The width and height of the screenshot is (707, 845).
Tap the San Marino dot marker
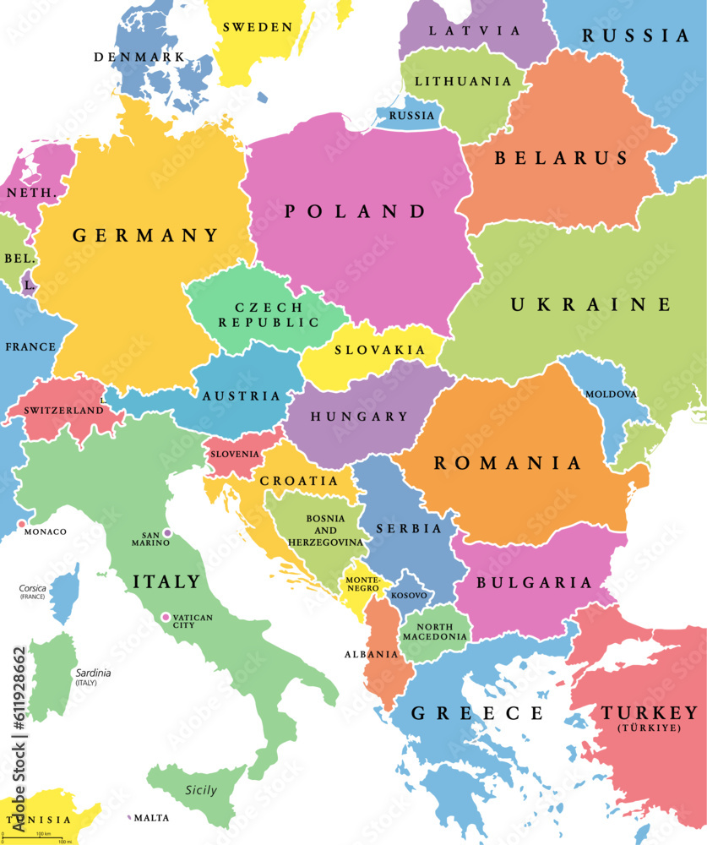[167, 533]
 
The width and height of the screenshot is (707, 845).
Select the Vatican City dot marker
[166, 618]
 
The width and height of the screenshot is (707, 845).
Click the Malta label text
[152, 818]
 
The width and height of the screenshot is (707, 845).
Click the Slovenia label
[236, 454]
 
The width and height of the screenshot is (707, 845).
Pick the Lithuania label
[462, 81]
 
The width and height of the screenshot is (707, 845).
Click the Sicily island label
[200, 791]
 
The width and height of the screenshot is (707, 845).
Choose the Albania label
[371, 654]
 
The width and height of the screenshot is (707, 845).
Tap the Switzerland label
[64, 411]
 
